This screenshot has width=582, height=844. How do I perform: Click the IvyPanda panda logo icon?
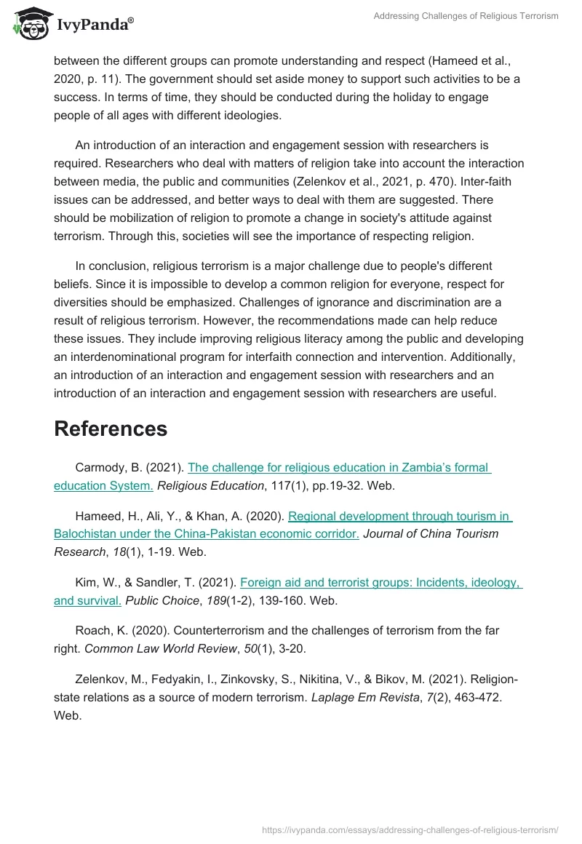[x=28, y=23]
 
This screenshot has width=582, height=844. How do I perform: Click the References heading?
[x=111, y=429]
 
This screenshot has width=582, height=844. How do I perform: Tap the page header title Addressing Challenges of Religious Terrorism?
[x=466, y=16]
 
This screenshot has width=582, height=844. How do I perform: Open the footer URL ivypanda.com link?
[x=410, y=829]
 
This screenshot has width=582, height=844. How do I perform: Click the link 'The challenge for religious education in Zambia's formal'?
[x=339, y=468]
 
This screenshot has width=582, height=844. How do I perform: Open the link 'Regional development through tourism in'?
[x=400, y=517]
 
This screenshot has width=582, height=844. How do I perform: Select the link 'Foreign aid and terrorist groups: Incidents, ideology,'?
[x=380, y=583]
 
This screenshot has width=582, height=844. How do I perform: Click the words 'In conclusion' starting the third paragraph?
[x=108, y=266]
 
